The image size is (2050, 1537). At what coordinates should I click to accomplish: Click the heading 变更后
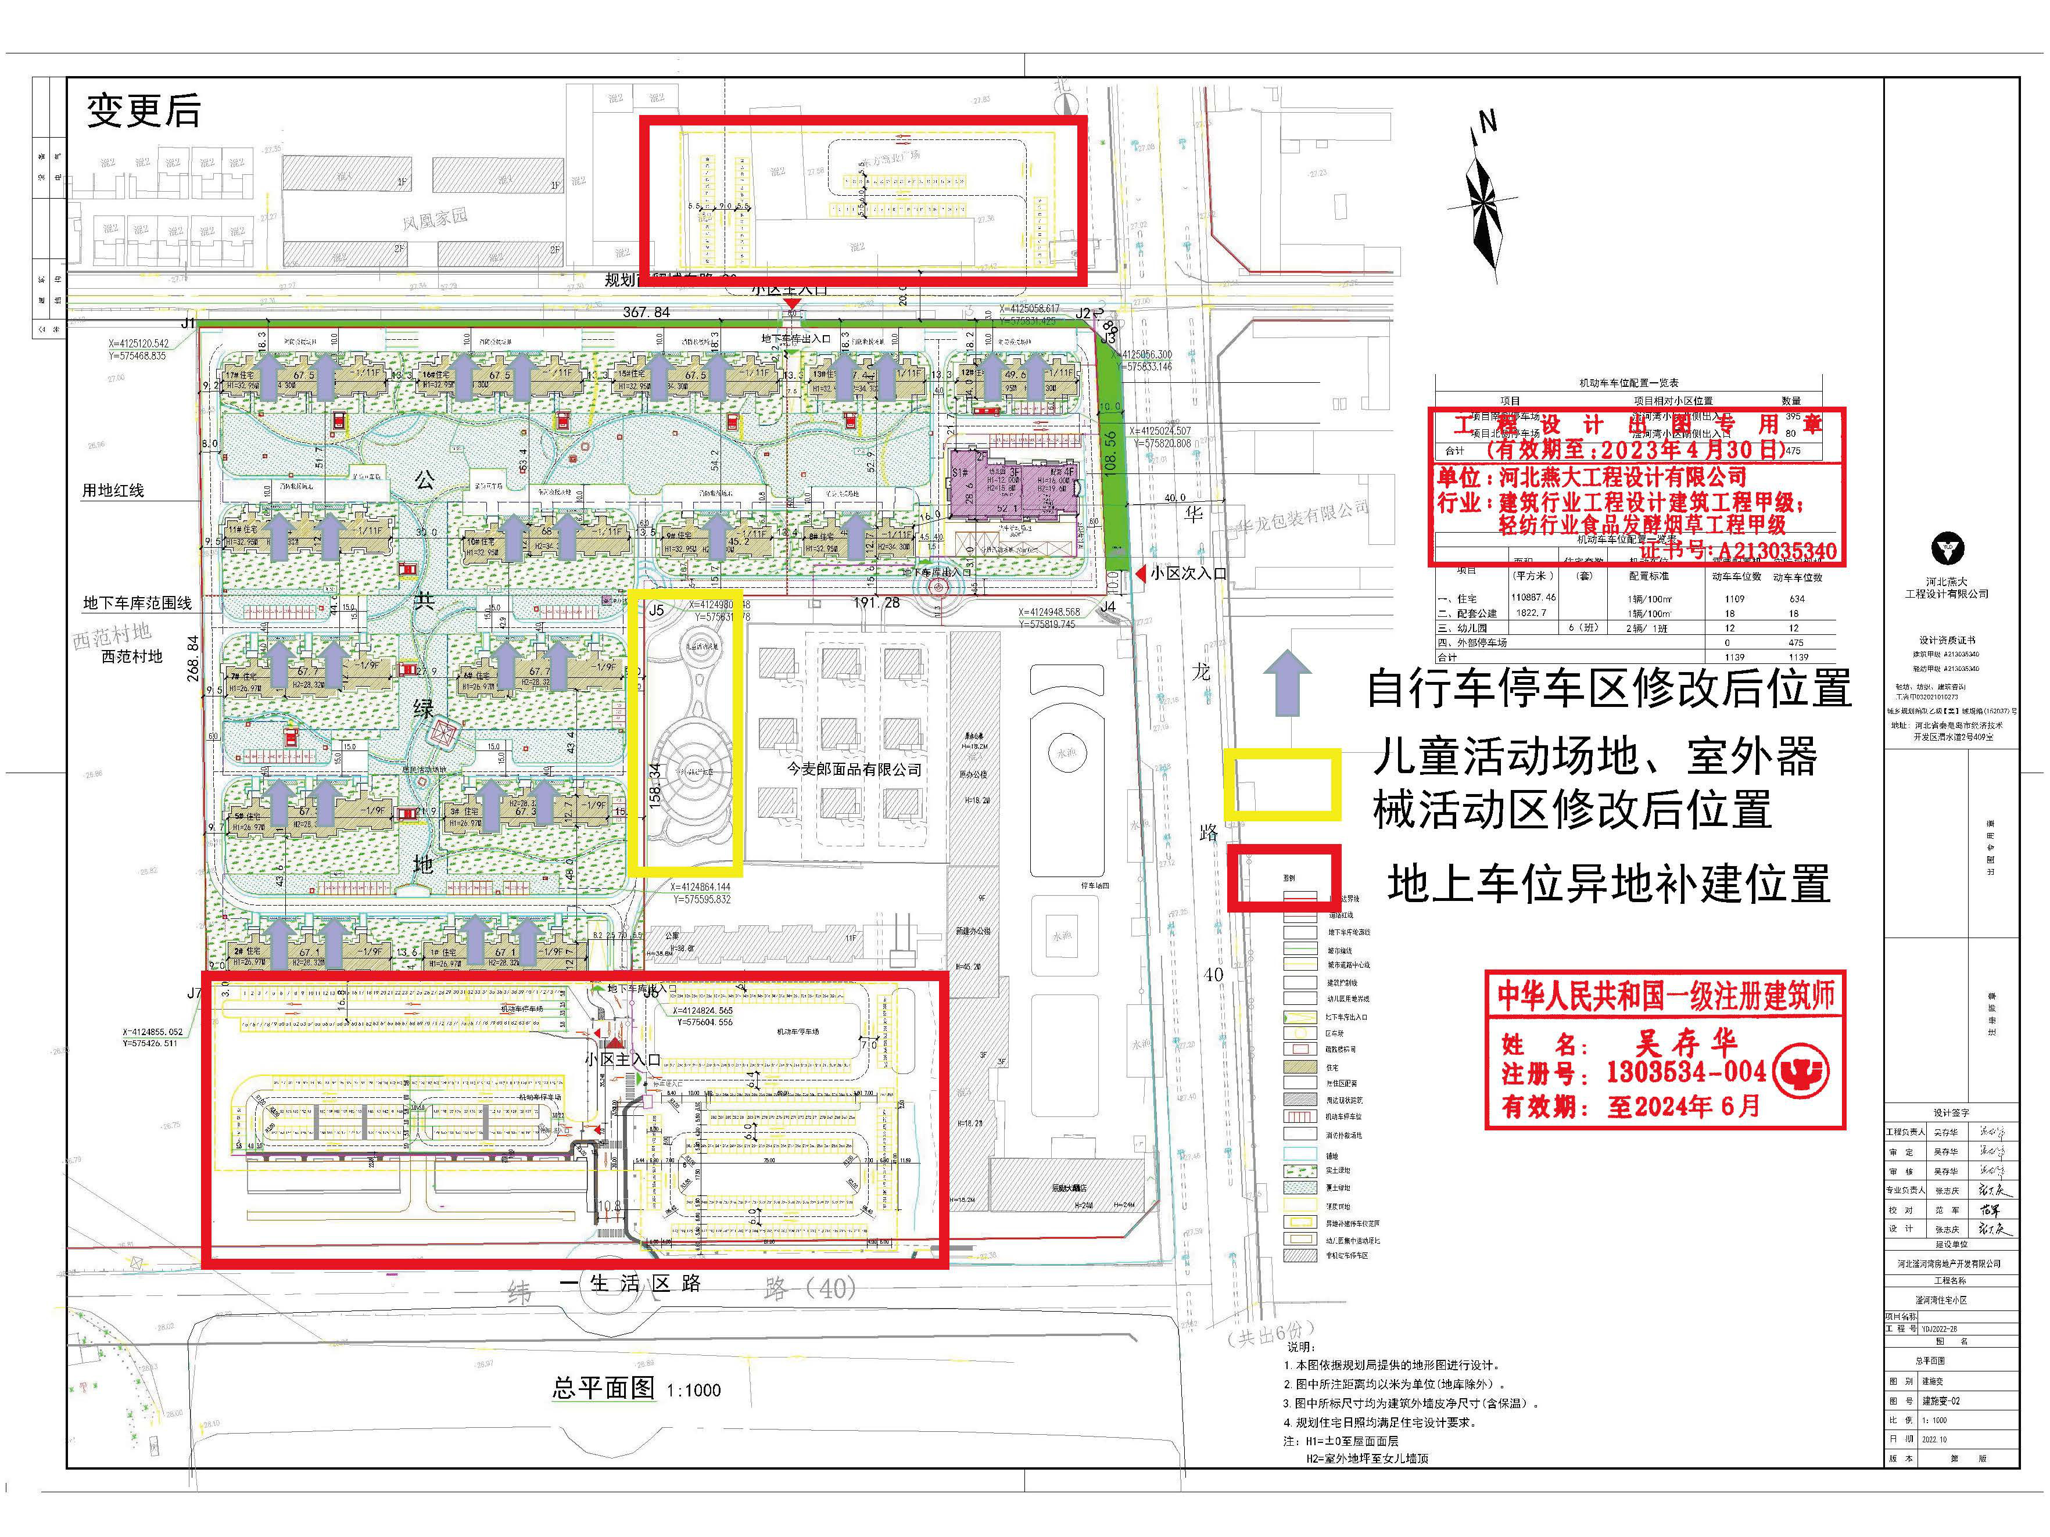tap(144, 111)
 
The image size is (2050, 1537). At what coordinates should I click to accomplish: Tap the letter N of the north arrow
tap(1488, 121)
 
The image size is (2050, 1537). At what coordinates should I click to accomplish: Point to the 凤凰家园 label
tap(435, 218)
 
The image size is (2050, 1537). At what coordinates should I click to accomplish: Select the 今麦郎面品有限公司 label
tap(854, 769)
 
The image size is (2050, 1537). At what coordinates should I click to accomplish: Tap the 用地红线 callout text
tap(113, 490)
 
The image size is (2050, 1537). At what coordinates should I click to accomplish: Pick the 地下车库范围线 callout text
tap(137, 603)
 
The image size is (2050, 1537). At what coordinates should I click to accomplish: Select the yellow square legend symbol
tap(1282, 784)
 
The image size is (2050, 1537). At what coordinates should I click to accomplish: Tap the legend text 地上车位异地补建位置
tap(1608, 884)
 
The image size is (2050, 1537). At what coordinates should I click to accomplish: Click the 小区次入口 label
tap(1188, 573)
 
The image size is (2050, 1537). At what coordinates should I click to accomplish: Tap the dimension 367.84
tap(646, 312)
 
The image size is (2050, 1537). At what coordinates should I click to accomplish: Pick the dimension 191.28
tap(876, 603)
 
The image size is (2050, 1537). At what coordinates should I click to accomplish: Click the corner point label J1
tap(188, 324)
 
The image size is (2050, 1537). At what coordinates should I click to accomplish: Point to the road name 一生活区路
tap(630, 1283)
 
